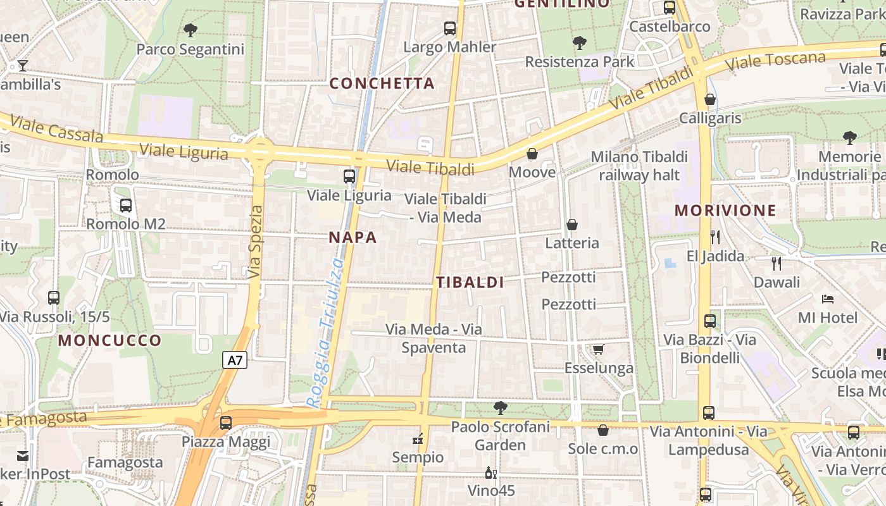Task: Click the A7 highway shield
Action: (x=235, y=361)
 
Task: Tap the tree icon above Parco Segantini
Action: (x=190, y=30)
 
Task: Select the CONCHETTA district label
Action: (x=382, y=83)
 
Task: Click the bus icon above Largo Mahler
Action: (x=450, y=28)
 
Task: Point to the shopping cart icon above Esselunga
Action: (x=599, y=349)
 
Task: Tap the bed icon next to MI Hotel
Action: (x=828, y=299)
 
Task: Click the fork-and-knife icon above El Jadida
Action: (x=715, y=237)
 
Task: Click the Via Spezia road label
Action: (x=255, y=242)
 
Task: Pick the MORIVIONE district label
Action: (x=725, y=211)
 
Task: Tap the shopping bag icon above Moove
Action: (x=532, y=154)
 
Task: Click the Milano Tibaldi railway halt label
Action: (x=639, y=166)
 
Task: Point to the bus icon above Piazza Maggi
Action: (x=226, y=423)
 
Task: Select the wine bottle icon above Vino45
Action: (x=490, y=472)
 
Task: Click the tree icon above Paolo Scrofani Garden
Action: (x=501, y=408)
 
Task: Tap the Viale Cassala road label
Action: (x=56, y=128)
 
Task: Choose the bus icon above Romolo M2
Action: (x=126, y=205)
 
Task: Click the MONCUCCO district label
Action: (x=110, y=341)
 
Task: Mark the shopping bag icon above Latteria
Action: (x=572, y=225)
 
